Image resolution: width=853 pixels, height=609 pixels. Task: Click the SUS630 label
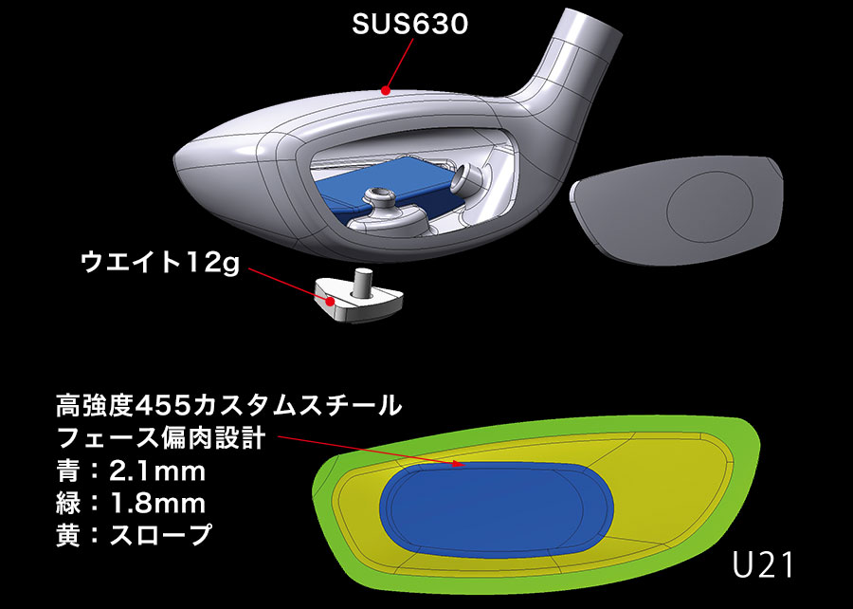(409, 25)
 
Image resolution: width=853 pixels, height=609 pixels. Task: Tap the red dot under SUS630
(386, 90)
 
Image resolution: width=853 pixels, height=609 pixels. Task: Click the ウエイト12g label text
(159, 264)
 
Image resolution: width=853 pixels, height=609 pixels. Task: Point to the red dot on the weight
(330, 301)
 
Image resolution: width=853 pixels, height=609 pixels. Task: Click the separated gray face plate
(676, 210)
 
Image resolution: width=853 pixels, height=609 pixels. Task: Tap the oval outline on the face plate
(710, 206)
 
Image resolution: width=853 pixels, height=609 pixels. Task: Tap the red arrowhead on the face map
(458, 464)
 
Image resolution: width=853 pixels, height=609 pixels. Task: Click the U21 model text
(762, 565)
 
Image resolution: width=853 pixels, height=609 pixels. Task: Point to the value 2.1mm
(157, 471)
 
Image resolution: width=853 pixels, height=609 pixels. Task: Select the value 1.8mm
(157, 504)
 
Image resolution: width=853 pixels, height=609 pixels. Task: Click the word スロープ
(160, 534)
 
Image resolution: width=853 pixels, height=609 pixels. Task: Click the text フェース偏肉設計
(161, 438)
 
